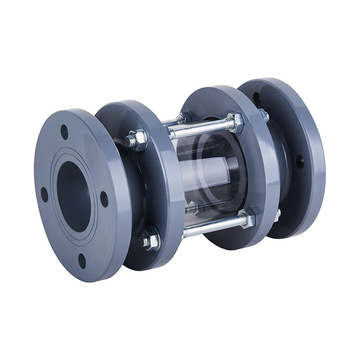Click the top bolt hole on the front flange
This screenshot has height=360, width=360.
click(64, 132)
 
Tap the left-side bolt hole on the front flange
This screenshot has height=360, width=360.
click(44, 194)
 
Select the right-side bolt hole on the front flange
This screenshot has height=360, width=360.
click(104, 199)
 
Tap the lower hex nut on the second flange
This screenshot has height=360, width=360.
click(150, 239)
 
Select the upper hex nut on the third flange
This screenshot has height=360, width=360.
click(234, 122)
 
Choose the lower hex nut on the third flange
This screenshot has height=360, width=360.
click(247, 219)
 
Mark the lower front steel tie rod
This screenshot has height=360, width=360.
click(211, 228)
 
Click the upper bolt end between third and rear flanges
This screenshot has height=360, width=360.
click(263, 116)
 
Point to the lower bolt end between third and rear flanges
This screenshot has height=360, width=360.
click(277, 215)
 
